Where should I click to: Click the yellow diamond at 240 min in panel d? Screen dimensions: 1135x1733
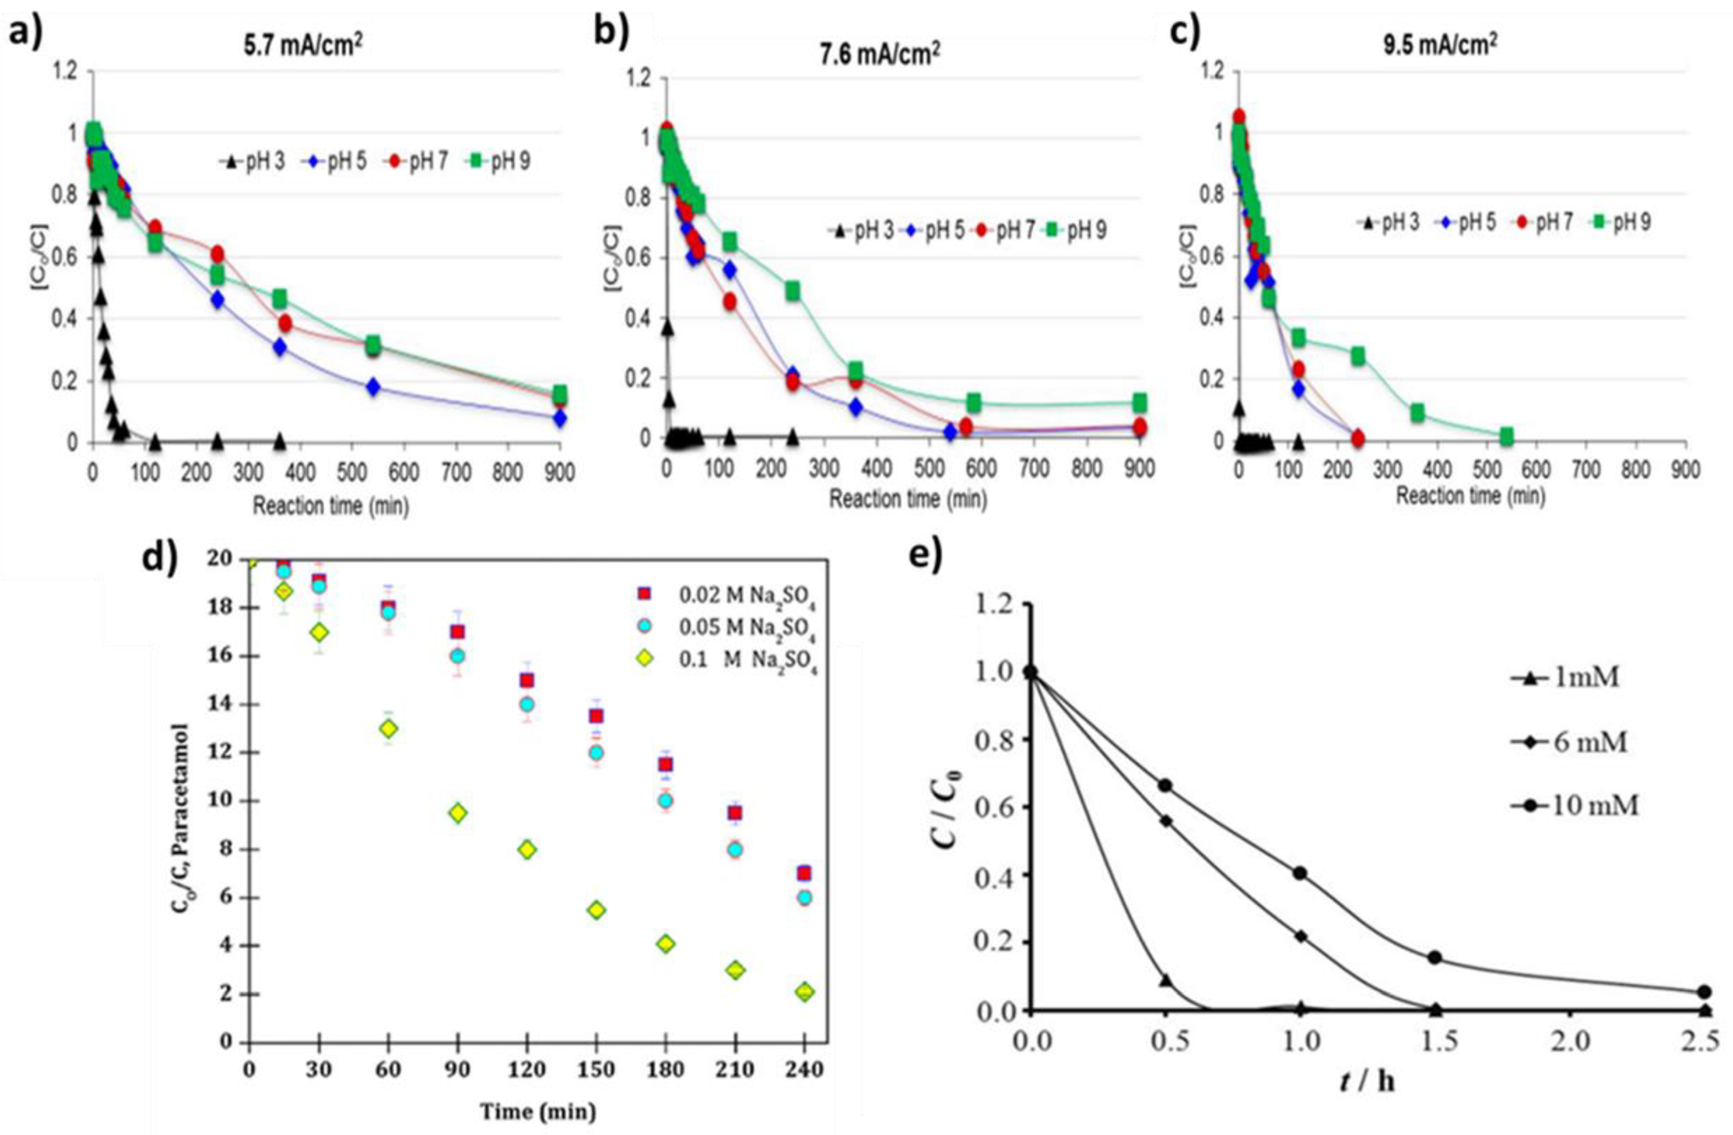(805, 991)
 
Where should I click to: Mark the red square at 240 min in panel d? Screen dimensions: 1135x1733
(805, 873)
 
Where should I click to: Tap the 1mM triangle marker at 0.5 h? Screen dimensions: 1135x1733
(1166, 980)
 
